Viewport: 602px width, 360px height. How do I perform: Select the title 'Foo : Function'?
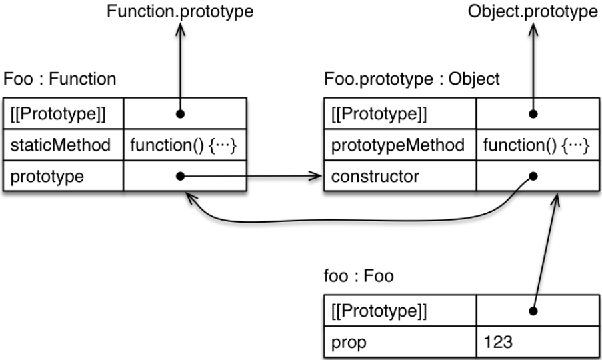[60, 79]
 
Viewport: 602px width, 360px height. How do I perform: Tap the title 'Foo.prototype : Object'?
[411, 79]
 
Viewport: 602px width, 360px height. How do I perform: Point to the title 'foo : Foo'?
[358, 276]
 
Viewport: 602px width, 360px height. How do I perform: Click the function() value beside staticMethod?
[185, 145]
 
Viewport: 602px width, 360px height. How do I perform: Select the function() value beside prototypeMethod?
[537, 145]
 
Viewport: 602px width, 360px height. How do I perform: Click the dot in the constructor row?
[533, 177]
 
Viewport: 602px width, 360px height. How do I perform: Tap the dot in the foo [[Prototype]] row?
[533, 311]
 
